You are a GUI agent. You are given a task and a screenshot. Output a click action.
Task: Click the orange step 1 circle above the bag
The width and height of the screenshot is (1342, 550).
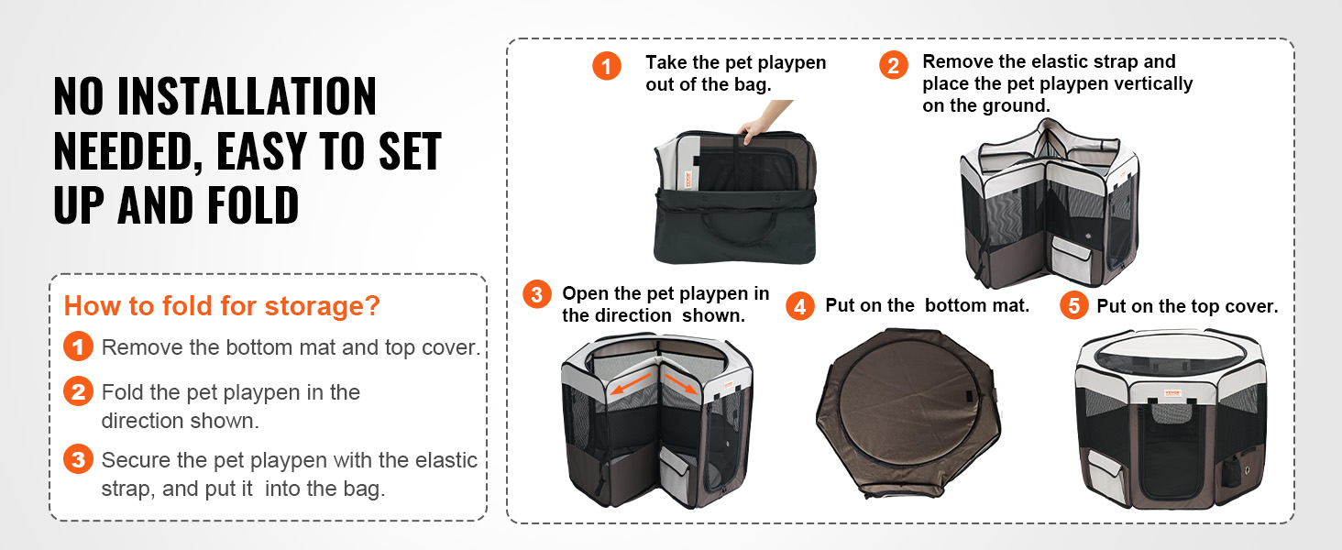(x=607, y=66)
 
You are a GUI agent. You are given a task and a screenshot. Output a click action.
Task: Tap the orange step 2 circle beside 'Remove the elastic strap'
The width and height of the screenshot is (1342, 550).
(x=893, y=65)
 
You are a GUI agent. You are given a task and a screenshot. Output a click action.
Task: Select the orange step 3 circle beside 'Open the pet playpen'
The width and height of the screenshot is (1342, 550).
(x=537, y=294)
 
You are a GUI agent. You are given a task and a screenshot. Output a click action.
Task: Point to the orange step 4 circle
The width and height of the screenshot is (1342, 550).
(x=800, y=306)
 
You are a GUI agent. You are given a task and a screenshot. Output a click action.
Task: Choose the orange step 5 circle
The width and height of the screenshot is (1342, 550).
(x=1074, y=305)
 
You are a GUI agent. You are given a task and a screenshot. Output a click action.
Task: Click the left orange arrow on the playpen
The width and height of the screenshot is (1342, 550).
(x=631, y=383)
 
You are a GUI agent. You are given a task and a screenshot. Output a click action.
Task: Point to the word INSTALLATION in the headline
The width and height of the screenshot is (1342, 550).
(x=247, y=96)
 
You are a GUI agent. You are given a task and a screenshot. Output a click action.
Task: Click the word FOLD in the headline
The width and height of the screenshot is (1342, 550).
(x=252, y=205)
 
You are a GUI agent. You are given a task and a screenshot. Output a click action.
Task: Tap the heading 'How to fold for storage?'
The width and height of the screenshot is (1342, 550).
(x=222, y=305)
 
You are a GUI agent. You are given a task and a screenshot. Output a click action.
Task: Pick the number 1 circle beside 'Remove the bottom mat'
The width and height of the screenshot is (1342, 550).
(x=79, y=346)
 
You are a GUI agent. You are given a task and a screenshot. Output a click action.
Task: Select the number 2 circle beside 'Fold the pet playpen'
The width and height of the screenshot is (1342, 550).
(x=79, y=391)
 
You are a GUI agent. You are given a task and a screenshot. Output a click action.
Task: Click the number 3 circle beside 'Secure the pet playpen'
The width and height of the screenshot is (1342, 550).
(x=79, y=459)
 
